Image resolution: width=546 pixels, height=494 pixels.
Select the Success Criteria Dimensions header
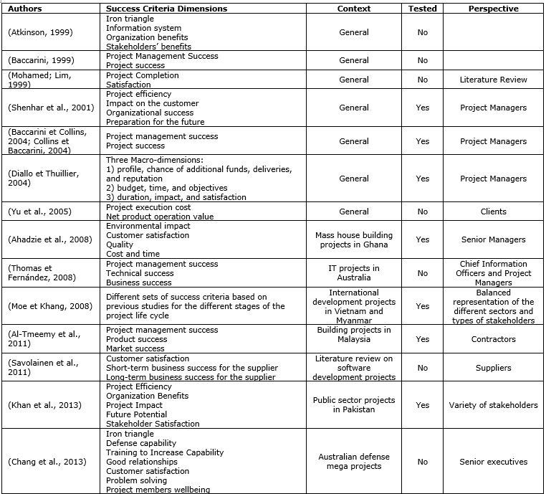click(x=166, y=9)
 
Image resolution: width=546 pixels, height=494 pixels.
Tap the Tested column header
click(x=422, y=9)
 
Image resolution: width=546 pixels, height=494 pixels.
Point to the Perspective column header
click(x=493, y=9)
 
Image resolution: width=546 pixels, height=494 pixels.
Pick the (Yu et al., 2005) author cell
click(x=39, y=212)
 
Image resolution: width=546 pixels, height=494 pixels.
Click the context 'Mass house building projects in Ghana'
click(x=354, y=239)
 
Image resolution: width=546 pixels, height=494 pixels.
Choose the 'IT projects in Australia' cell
click(x=354, y=273)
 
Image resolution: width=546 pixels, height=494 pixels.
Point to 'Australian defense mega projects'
click(x=354, y=462)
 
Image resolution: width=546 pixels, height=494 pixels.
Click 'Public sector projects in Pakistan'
click(x=354, y=405)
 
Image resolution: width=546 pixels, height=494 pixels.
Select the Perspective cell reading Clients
click(x=493, y=212)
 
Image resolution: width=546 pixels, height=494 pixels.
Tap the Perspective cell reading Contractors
click(x=493, y=339)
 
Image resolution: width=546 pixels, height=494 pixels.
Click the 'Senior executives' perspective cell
click(x=493, y=462)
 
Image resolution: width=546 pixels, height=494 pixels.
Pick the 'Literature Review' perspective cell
click(x=493, y=80)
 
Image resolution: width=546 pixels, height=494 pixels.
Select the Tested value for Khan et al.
click(x=422, y=405)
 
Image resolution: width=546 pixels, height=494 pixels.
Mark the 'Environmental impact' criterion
click(x=148, y=226)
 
